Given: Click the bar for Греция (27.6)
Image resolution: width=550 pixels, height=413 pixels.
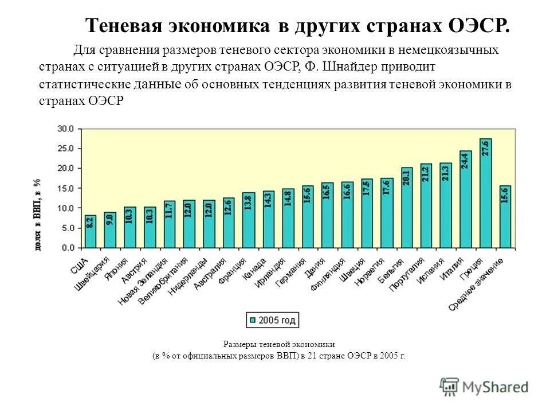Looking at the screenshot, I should [x=485, y=193].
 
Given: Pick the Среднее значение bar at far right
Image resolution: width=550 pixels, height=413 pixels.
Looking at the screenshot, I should [x=505, y=216].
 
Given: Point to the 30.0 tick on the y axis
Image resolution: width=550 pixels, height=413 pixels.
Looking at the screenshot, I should [x=66, y=129].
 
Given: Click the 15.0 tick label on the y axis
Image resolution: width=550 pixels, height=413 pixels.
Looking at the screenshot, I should [x=66, y=188].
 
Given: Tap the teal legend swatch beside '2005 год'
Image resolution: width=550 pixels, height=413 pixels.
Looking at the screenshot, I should [x=252, y=320].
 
